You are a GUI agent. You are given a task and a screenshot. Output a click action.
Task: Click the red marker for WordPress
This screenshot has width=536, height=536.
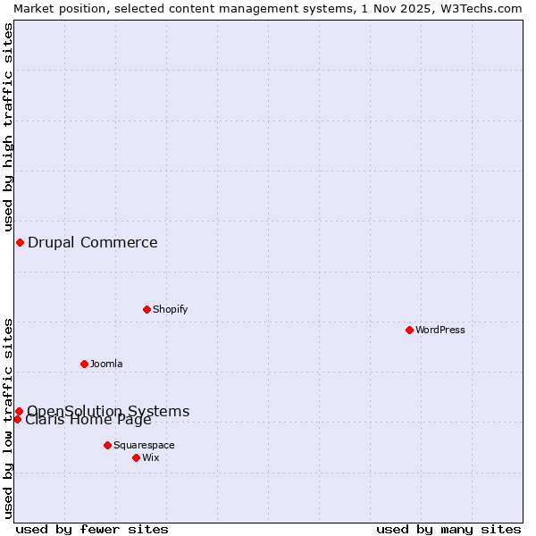pyautogui.click(x=409, y=330)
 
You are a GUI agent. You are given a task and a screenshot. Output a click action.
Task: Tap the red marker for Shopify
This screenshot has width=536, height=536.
pyautogui.click(x=147, y=309)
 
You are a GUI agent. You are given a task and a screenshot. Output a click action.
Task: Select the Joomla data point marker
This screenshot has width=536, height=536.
pyautogui.click(x=84, y=364)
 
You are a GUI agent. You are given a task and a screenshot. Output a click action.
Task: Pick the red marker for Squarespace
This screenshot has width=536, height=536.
pyautogui.click(x=107, y=445)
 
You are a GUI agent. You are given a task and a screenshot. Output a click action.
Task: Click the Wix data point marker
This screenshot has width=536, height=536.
pyautogui.click(x=136, y=457)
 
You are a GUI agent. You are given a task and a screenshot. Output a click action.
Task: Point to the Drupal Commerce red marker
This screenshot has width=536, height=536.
pyautogui.click(x=20, y=242)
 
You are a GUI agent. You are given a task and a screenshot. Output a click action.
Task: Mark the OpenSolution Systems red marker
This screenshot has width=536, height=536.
pyautogui.click(x=19, y=411)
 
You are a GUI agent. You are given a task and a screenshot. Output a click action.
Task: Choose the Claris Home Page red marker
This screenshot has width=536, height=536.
pyautogui.click(x=17, y=419)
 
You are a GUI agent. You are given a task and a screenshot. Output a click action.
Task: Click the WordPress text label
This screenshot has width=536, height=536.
pyautogui.click(x=440, y=330)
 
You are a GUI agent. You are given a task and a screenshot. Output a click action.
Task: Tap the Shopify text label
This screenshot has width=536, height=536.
pyautogui.click(x=170, y=309)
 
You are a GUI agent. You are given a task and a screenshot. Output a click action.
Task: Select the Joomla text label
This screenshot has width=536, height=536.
pyautogui.click(x=106, y=364)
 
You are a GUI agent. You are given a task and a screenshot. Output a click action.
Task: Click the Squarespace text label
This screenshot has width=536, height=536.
pyautogui.click(x=144, y=445)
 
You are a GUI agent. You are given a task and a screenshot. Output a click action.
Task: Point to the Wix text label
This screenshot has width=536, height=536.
pyautogui.click(x=150, y=457)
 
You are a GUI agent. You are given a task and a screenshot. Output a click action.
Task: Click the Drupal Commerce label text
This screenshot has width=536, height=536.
pyautogui.click(x=93, y=242)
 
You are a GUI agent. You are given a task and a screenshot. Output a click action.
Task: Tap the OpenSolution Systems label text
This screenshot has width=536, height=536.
pyautogui.click(x=108, y=410)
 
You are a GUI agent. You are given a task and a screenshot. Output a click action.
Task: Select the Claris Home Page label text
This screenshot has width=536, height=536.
pyautogui.click(x=88, y=421)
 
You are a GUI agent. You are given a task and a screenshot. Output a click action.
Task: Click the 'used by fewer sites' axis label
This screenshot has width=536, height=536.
pyautogui.click(x=92, y=529)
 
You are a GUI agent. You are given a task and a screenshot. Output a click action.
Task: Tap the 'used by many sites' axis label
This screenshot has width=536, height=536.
pyautogui.click(x=448, y=529)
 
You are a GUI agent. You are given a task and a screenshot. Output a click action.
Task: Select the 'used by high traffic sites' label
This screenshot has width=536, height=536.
pyautogui.click(x=8, y=125)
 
